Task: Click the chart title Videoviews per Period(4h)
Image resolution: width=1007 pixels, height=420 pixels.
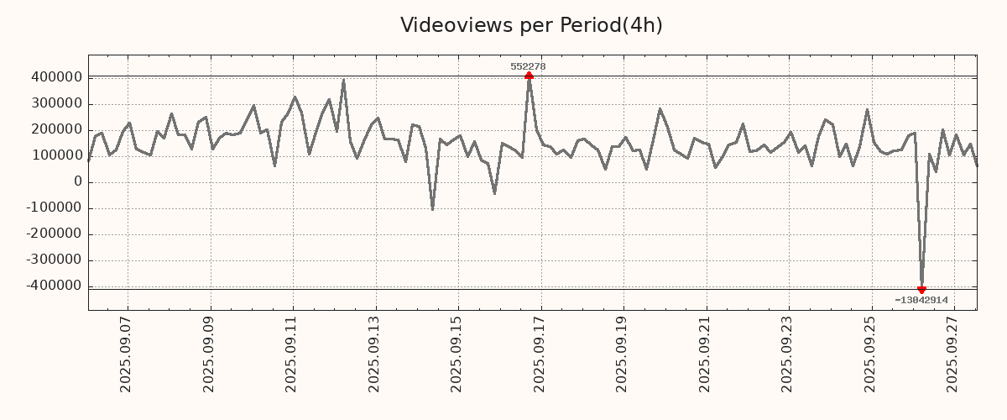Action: (x=531, y=25)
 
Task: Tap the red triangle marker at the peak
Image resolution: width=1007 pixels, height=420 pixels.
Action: (x=529, y=76)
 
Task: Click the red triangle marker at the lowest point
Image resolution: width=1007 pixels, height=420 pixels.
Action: (x=921, y=290)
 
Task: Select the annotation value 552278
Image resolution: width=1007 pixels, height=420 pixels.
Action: (x=529, y=66)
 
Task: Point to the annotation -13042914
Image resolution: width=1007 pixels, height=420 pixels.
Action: (x=921, y=300)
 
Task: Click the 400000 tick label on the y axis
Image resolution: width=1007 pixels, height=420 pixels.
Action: (x=55, y=77)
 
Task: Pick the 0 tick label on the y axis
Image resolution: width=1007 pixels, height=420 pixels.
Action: (x=78, y=181)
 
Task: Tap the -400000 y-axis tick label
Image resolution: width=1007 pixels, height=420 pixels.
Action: (x=53, y=286)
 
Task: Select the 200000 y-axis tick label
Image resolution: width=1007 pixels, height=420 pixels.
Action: (x=55, y=129)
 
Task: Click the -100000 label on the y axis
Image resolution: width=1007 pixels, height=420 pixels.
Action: (x=53, y=207)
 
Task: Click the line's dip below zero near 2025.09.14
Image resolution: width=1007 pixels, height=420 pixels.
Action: (x=432, y=209)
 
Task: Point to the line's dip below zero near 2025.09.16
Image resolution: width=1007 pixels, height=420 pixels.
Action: (x=494, y=193)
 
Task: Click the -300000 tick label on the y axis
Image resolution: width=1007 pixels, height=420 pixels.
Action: (x=53, y=260)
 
